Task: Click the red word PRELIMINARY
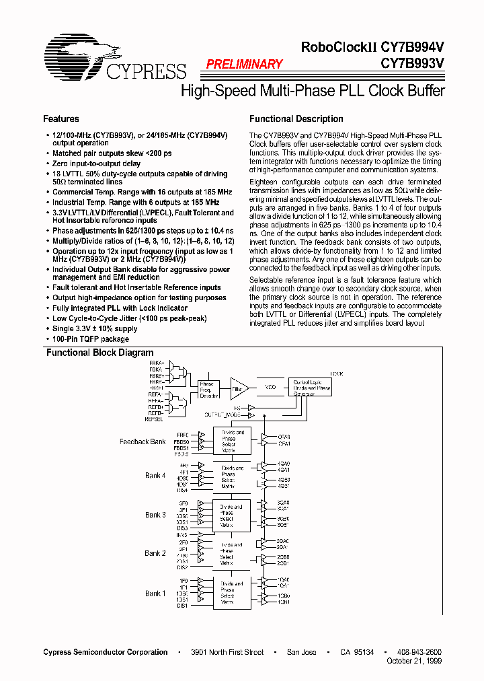point(243,65)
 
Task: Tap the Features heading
point(61,119)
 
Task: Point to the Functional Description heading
point(296,119)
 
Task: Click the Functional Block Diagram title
point(99,353)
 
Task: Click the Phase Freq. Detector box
point(208,389)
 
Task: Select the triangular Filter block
point(239,388)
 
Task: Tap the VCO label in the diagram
point(271,388)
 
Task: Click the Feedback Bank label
point(143,442)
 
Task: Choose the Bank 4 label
point(155,476)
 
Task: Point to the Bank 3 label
point(155,515)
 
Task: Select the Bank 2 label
point(155,553)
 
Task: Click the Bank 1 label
point(155,594)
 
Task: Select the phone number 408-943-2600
point(419,652)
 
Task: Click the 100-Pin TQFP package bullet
point(91,339)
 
